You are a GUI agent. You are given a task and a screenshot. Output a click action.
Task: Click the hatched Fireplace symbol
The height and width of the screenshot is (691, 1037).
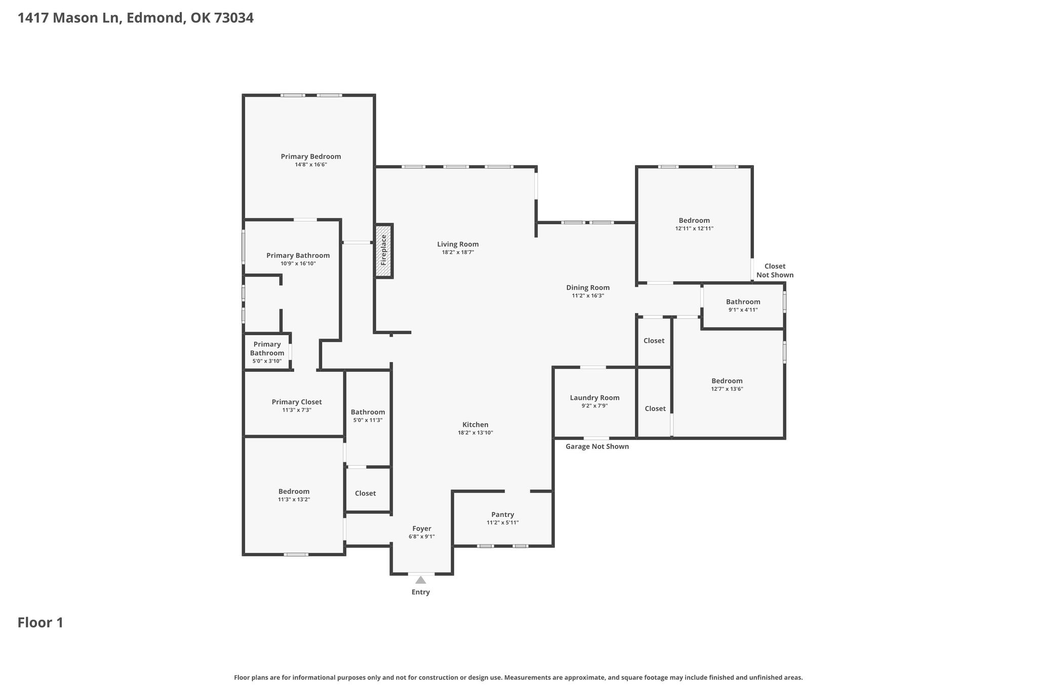(x=384, y=251)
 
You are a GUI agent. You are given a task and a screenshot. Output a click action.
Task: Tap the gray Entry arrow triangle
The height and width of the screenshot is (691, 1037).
(x=421, y=580)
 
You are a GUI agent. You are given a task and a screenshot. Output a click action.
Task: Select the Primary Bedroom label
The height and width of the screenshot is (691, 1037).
(x=311, y=156)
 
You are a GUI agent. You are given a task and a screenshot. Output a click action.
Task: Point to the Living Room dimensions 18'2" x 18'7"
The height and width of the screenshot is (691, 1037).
(x=458, y=252)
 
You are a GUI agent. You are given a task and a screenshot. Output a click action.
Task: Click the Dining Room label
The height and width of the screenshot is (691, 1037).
(x=588, y=288)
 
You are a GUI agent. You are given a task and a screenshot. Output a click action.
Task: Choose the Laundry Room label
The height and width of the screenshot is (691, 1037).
(x=594, y=398)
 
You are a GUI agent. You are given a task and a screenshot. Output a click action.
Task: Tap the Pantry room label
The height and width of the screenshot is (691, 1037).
(x=503, y=514)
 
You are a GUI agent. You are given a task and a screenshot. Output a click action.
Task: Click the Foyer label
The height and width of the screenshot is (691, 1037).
(x=422, y=529)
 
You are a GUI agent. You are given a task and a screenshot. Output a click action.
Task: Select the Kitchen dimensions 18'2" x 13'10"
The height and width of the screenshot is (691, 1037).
(x=475, y=433)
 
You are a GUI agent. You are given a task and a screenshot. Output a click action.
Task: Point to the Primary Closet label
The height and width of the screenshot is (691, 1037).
(x=297, y=402)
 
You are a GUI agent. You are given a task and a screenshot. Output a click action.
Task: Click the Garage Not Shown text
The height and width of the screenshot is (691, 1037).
(x=597, y=446)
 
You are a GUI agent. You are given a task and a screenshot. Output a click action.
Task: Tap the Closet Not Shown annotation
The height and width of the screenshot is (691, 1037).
(x=775, y=271)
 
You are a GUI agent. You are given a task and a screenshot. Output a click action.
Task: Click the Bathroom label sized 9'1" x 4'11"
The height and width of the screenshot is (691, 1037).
(x=743, y=302)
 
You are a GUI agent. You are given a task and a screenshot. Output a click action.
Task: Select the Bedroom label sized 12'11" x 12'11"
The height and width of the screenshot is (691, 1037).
(x=694, y=220)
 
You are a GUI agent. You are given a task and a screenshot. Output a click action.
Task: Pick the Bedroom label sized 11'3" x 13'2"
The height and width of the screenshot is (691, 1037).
(x=294, y=492)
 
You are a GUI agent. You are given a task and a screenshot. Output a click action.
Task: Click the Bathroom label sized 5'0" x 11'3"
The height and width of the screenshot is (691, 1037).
(x=368, y=412)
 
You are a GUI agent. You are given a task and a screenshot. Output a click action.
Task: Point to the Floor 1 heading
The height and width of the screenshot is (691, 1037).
(x=41, y=623)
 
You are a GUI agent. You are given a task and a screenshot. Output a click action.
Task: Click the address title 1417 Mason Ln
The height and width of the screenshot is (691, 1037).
(x=69, y=18)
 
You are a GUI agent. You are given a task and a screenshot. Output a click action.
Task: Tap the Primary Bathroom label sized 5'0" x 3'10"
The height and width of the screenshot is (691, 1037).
(x=267, y=349)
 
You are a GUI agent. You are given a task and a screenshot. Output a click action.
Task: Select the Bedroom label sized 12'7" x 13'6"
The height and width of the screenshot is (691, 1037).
(x=727, y=381)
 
